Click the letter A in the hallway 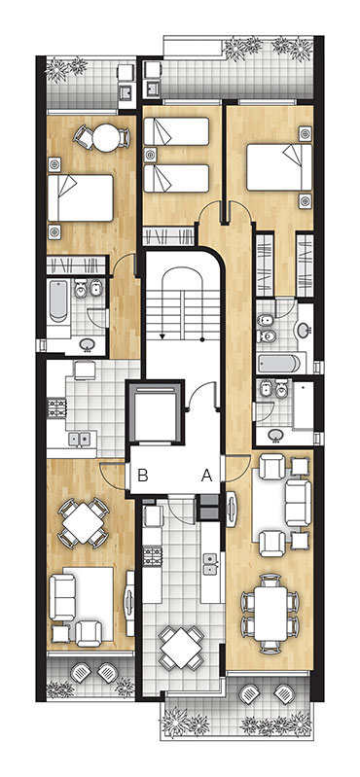tap(206, 476)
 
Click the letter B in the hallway tap(143, 476)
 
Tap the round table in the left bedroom tap(106, 137)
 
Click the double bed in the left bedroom tap(81, 197)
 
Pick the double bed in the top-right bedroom tap(279, 167)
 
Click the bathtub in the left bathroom tap(58, 301)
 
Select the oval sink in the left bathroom tap(89, 343)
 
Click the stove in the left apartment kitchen tap(56, 407)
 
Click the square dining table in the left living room tap(84, 523)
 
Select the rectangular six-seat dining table tap(270, 613)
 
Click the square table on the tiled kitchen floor tap(182, 647)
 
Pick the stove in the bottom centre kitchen tap(153, 556)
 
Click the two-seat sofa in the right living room tap(298, 503)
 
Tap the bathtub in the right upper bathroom tap(279, 364)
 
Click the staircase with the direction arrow tap(183, 303)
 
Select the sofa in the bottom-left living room tap(62, 597)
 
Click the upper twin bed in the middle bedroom tap(176, 131)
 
